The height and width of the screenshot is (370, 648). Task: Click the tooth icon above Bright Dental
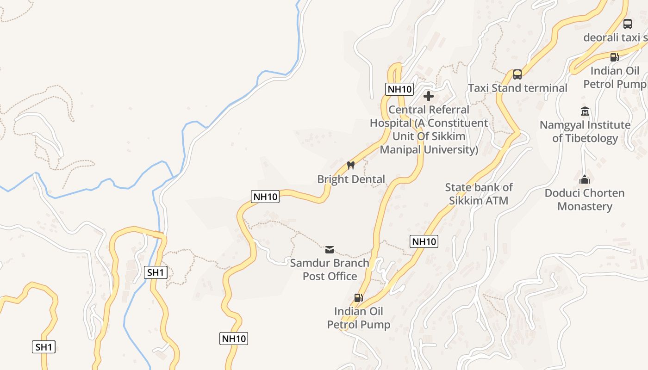pyautogui.click(x=350, y=165)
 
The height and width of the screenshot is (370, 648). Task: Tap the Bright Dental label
pyautogui.click(x=351, y=179)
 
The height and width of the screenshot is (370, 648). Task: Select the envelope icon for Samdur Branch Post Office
pyautogui.click(x=330, y=250)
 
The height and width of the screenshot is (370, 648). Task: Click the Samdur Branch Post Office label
pyautogui.click(x=330, y=270)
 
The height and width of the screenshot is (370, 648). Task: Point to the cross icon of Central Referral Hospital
pyautogui.click(x=429, y=96)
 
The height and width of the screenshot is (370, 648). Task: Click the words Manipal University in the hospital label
pyautogui.click(x=429, y=149)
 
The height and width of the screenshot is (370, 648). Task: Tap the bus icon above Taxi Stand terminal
pyautogui.click(x=517, y=74)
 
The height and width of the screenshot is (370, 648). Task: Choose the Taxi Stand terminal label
pyautogui.click(x=517, y=88)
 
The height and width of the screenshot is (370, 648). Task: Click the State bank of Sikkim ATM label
pyautogui.click(x=479, y=194)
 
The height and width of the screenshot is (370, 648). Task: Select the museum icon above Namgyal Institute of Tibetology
pyautogui.click(x=585, y=111)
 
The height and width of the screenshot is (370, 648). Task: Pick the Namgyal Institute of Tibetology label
pyautogui.click(x=585, y=131)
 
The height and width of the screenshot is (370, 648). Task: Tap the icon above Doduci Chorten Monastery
pyautogui.click(x=585, y=179)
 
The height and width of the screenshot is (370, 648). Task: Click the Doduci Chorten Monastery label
pyautogui.click(x=585, y=199)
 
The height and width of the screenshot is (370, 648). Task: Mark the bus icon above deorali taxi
pyautogui.click(x=628, y=24)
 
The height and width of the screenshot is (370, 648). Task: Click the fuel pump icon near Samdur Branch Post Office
pyautogui.click(x=358, y=297)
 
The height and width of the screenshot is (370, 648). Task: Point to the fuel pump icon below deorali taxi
pyautogui.click(x=614, y=57)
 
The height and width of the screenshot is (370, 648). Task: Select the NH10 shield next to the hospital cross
pyautogui.click(x=399, y=89)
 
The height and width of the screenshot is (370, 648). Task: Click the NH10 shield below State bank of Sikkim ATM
pyautogui.click(x=424, y=241)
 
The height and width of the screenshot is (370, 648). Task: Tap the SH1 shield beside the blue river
pyautogui.click(x=156, y=272)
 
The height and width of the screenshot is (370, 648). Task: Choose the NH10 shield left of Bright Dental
pyautogui.click(x=265, y=197)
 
